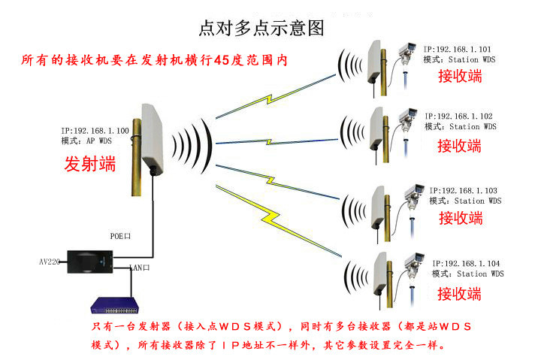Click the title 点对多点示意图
point(261,28)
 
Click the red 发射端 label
point(90,164)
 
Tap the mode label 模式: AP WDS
point(86,141)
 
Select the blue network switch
point(115,305)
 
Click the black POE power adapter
point(89,262)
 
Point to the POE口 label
point(120,236)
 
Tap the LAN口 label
point(140,268)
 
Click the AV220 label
point(50,262)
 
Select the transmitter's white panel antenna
point(153,140)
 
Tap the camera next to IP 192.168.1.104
point(414,265)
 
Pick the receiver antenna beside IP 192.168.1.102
point(376,129)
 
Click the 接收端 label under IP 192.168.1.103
point(461,218)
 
